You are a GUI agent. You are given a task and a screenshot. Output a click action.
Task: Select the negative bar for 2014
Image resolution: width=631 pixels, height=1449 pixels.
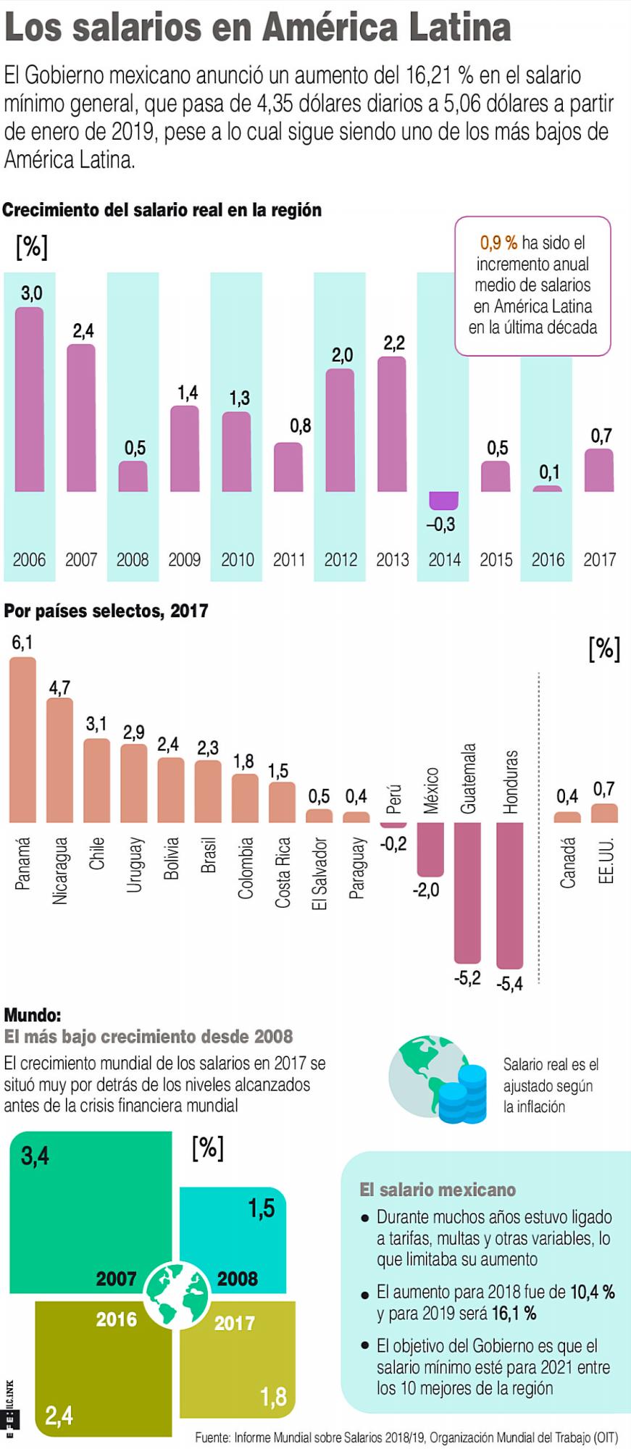point(443,501)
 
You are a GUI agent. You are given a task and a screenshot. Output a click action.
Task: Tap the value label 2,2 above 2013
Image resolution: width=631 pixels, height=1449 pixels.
point(394,343)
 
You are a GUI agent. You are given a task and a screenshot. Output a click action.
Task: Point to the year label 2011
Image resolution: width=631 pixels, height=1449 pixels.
point(289,559)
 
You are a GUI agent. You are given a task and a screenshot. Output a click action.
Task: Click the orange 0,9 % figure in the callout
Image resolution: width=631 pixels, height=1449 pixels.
point(498,243)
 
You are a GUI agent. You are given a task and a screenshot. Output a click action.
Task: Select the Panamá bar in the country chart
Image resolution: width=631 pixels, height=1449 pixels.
point(22,739)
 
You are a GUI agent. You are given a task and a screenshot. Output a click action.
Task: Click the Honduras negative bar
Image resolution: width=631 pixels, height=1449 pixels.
point(510,895)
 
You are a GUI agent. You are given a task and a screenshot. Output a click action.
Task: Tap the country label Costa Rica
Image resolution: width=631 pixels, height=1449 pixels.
point(283,872)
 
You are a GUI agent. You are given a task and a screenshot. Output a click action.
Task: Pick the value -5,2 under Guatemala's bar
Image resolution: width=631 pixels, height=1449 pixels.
point(467,978)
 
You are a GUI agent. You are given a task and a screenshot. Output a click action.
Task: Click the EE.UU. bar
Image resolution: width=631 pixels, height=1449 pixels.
point(604,813)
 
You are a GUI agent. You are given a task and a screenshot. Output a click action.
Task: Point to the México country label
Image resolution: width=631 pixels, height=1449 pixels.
point(432,790)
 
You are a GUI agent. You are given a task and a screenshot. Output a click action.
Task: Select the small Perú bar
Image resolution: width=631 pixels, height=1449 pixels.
point(393,825)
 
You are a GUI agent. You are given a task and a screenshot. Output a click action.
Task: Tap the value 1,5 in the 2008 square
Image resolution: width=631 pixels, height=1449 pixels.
point(262,1208)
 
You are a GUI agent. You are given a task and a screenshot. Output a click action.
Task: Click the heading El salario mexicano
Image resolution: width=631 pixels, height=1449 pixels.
point(438,1190)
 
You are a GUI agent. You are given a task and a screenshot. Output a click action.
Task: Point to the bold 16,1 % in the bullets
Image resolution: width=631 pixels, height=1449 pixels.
point(514,1313)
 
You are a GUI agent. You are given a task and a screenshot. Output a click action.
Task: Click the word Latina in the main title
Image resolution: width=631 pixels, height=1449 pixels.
point(459,28)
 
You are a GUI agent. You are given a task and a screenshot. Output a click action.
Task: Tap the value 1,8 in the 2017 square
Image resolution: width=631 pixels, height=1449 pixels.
point(273,1396)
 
